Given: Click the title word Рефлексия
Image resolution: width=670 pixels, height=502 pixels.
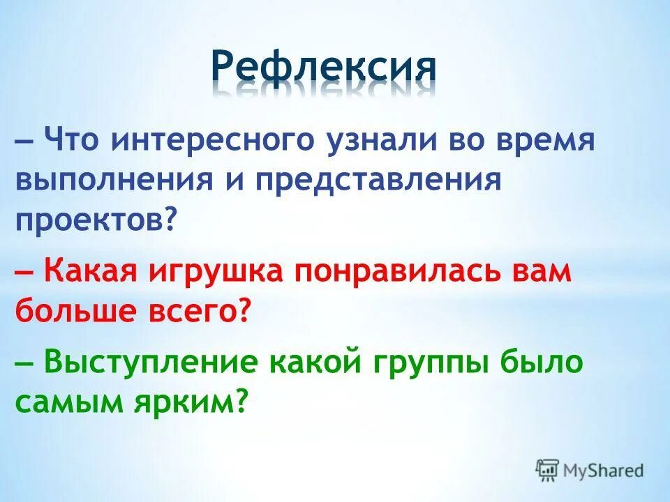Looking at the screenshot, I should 324,68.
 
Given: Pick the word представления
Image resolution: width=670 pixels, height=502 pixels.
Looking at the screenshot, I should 378,181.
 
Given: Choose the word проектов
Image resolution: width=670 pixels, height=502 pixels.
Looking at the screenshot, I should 89,221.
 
